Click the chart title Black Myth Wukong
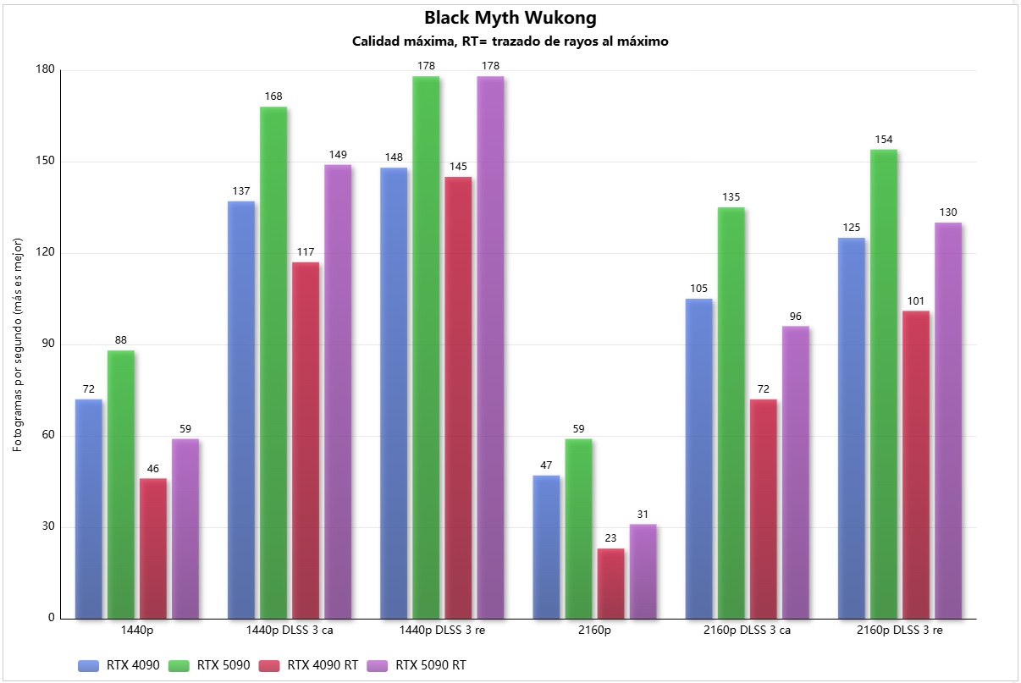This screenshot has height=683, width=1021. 510,18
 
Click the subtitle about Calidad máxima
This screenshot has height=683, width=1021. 510,41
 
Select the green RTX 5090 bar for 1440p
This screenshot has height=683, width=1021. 121,483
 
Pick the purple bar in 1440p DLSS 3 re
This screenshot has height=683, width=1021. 490,347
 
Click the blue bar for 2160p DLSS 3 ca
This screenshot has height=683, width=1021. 698,458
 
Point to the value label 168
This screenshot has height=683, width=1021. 273,96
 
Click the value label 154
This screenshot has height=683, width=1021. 883,139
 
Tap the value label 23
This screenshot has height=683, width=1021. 610,537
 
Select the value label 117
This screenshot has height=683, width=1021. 306,251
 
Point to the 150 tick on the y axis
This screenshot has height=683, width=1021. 45,162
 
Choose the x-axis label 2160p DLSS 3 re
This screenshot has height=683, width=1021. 899,631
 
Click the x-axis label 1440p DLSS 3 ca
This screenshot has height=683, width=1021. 290,631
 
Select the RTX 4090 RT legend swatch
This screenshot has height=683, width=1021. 270,665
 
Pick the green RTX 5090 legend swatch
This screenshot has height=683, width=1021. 179,665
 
